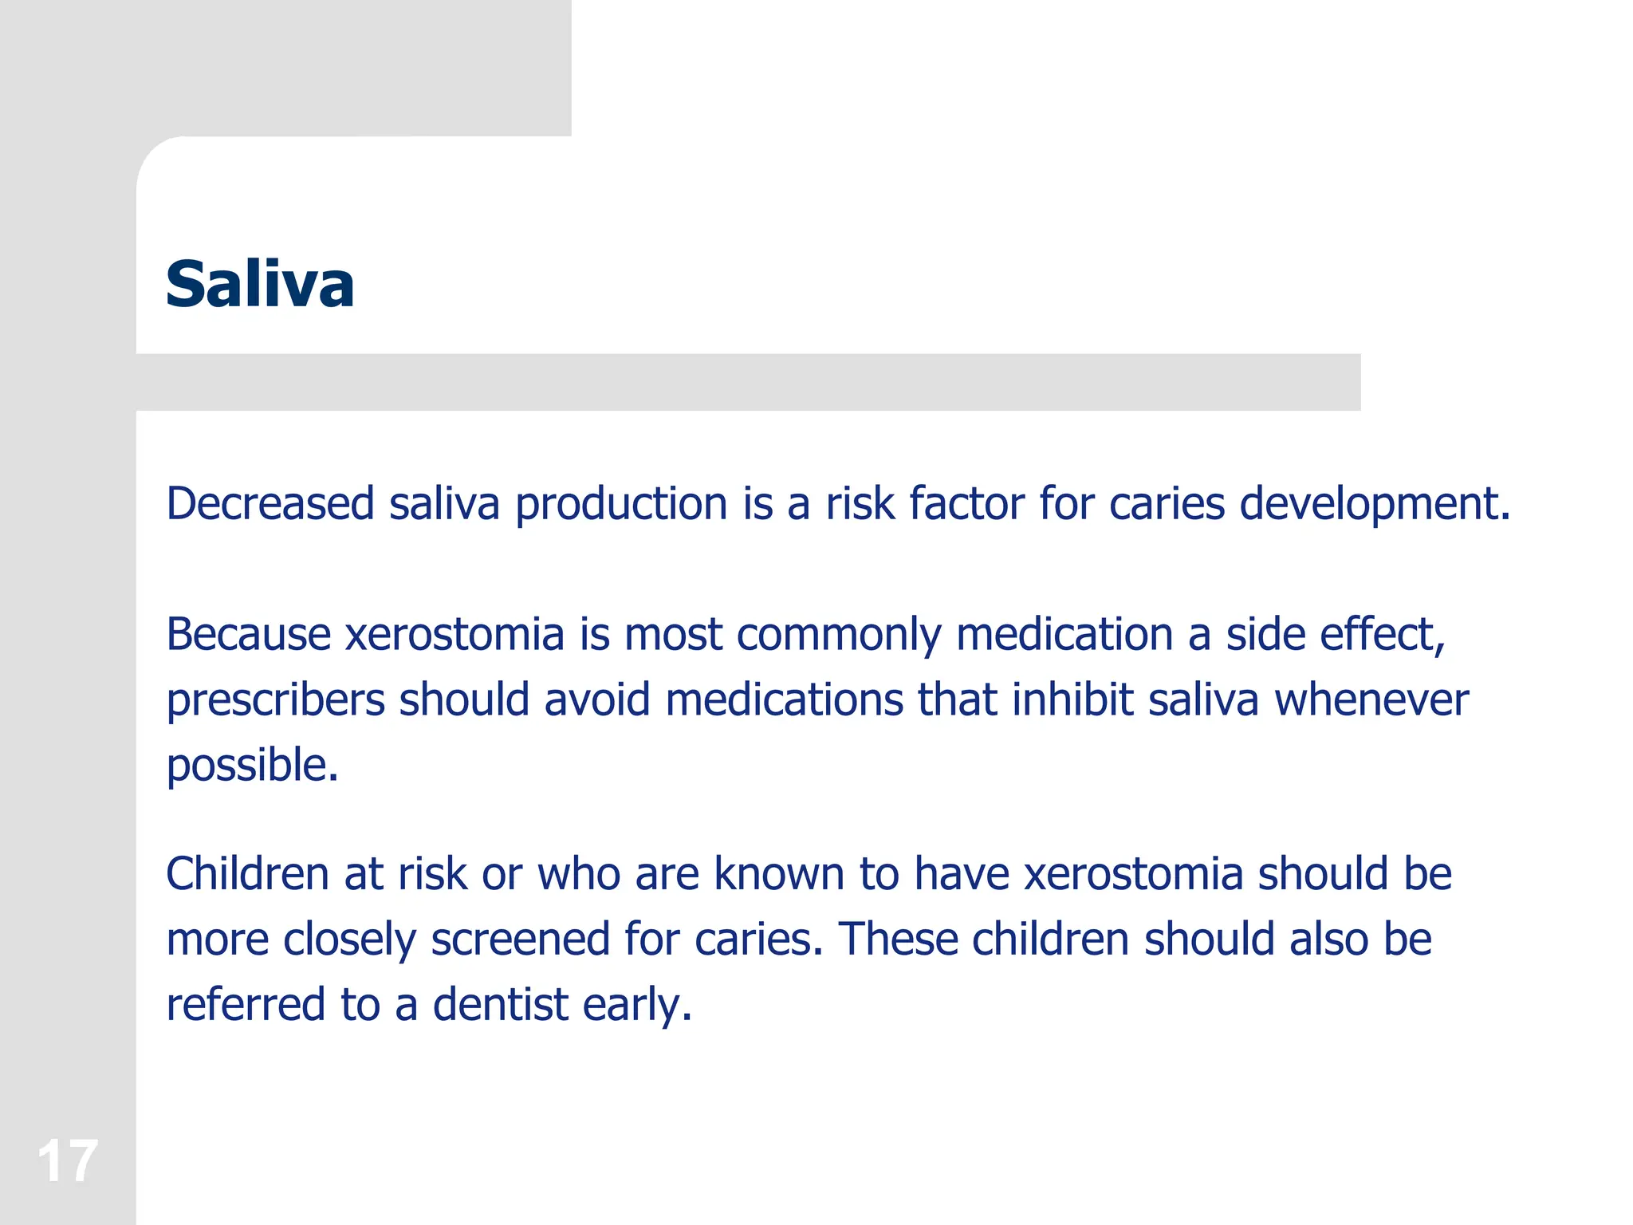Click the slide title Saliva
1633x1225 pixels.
[x=260, y=284]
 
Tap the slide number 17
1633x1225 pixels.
[x=67, y=1161]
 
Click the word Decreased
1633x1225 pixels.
[x=270, y=504]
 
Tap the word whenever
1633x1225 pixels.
[x=1371, y=700]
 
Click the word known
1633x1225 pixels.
[x=779, y=874]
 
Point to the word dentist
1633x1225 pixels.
[x=500, y=1005]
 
